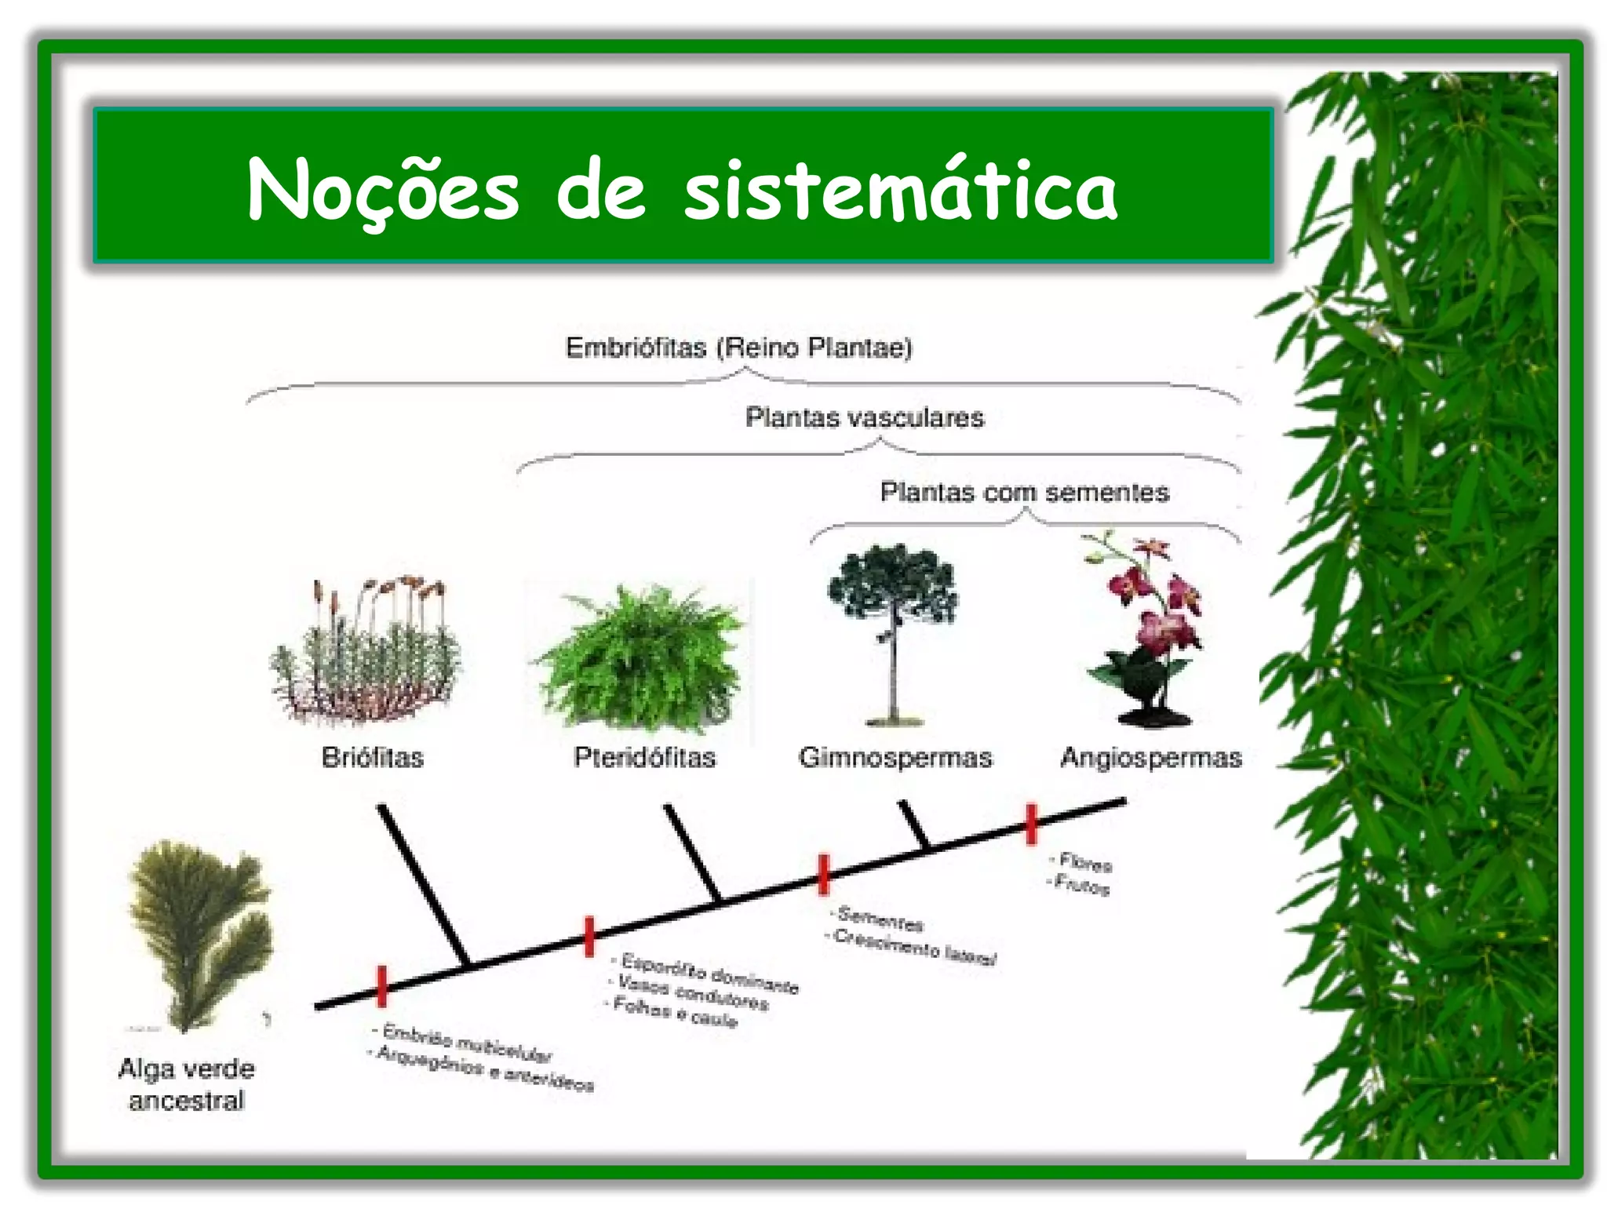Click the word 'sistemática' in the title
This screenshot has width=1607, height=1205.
click(900, 191)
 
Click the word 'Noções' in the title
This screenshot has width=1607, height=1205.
click(383, 191)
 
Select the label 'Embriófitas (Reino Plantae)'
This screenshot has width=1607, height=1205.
click(738, 347)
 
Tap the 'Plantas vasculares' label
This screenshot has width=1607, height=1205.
click(864, 417)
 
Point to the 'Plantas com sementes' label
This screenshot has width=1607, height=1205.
click(1024, 492)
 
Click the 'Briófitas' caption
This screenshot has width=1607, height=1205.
click(372, 757)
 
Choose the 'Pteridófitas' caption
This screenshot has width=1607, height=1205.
click(644, 757)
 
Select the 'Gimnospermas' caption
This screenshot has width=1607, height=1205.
click(895, 757)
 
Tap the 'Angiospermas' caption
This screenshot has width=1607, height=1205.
click(1151, 758)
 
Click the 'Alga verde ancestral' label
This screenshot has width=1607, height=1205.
click(187, 1084)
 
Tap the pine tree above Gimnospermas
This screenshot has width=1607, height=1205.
click(893, 628)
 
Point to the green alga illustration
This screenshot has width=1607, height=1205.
click(200, 930)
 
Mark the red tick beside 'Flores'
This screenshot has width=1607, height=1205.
click(1031, 824)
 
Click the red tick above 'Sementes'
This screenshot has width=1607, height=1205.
click(823, 874)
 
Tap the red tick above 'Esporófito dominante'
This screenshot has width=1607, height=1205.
click(589, 936)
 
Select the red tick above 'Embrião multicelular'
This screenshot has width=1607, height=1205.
click(382, 986)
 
